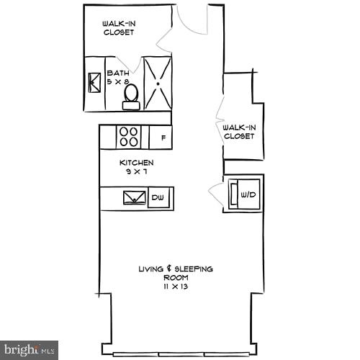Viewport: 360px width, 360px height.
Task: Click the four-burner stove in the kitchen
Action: pyautogui.click(x=129, y=136)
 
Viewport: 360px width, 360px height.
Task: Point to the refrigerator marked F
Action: pyautogui.click(x=163, y=137)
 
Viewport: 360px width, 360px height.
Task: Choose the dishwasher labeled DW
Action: pyautogui.click(x=159, y=198)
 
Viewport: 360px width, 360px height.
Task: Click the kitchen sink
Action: pyautogui.click(x=134, y=198)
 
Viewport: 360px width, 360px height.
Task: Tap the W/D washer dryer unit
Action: pyautogui.click(x=243, y=193)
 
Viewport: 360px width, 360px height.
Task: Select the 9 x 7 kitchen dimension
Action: pyautogui.click(x=136, y=173)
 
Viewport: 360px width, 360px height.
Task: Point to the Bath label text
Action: pyautogui.click(x=117, y=73)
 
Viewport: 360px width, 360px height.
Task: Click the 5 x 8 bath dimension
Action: pyautogui.click(x=117, y=83)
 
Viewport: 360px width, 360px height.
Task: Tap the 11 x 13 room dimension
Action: pyautogui.click(x=175, y=287)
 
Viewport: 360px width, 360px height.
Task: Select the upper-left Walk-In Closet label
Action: pyautogui.click(x=119, y=27)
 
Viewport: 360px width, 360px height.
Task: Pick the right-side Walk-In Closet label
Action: pyautogui.click(x=239, y=132)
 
